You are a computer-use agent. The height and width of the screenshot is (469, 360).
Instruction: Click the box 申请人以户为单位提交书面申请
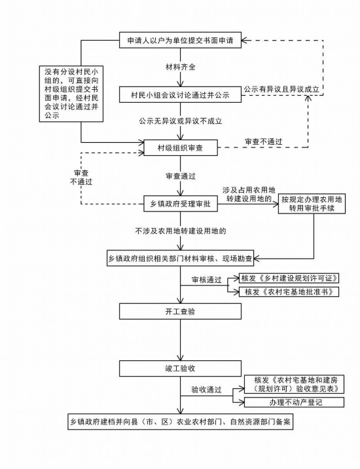(x=180, y=40)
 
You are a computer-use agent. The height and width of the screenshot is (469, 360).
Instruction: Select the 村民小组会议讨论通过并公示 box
(x=180, y=95)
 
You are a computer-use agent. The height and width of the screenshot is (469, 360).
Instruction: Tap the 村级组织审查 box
(x=181, y=147)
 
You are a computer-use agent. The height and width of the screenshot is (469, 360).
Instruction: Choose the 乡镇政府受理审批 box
(x=181, y=204)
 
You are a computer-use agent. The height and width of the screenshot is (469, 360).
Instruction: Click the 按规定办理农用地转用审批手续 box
(x=312, y=204)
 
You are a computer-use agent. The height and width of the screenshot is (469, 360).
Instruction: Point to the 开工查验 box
(x=180, y=311)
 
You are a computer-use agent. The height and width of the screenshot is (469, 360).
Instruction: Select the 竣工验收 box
(x=180, y=368)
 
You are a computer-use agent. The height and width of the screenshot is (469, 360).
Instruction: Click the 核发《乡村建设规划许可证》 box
(x=289, y=278)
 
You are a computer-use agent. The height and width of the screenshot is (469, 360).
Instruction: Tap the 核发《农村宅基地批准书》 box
(x=289, y=291)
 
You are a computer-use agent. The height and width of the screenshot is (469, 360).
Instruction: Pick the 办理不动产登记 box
(x=295, y=402)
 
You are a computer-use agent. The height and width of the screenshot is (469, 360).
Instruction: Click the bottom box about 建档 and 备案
(x=180, y=422)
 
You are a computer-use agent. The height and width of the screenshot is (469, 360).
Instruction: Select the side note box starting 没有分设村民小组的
(x=71, y=94)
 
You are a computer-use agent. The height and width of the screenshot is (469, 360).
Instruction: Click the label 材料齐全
(x=181, y=67)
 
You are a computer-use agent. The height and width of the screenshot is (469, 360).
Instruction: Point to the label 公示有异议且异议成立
(x=281, y=89)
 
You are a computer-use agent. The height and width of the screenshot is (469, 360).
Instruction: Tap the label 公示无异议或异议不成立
(x=181, y=121)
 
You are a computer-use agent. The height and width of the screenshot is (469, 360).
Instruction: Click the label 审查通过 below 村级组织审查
(x=181, y=176)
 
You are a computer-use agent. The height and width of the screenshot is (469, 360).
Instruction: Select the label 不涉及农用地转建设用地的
(x=181, y=231)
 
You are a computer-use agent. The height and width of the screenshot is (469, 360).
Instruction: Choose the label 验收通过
(x=207, y=390)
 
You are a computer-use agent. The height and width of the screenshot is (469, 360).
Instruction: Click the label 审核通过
(x=207, y=280)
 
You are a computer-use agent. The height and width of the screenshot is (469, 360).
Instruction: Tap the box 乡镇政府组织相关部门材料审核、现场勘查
(x=180, y=259)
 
